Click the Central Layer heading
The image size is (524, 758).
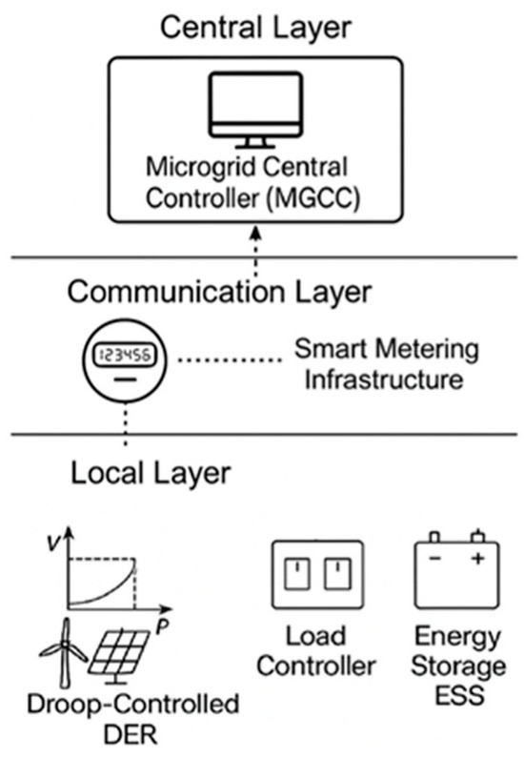coord(254,26)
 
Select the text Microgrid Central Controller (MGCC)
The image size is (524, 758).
coord(254,183)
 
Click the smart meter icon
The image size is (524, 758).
coord(125,362)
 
